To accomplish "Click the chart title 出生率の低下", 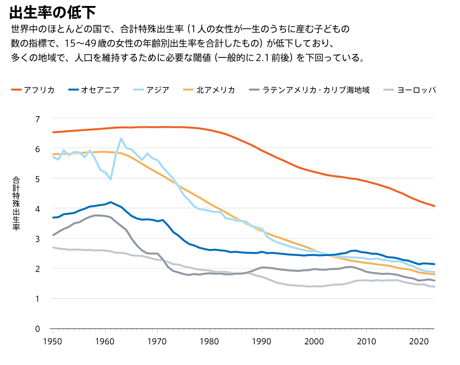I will pyautogui.click(x=52, y=12).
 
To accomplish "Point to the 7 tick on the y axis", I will pyautogui.click(x=38, y=119).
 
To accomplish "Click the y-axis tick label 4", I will pyautogui.click(x=38, y=209).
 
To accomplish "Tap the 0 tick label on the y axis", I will pyautogui.click(x=38, y=329).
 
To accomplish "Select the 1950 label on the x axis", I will pyautogui.click(x=53, y=342).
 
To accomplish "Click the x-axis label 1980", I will pyautogui.click(x=210, y=342).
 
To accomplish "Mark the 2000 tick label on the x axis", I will pyautogui.click(x=314, y=342).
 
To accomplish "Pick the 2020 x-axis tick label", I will pyautogui.click(x=419, y=342).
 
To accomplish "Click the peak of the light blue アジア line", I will pyautogui.click(x=121, y=138).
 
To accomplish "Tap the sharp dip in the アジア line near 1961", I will pyautogui.click(x=110, y=179).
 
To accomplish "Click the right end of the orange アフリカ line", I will pyautogui.click(x=434, y=206).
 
